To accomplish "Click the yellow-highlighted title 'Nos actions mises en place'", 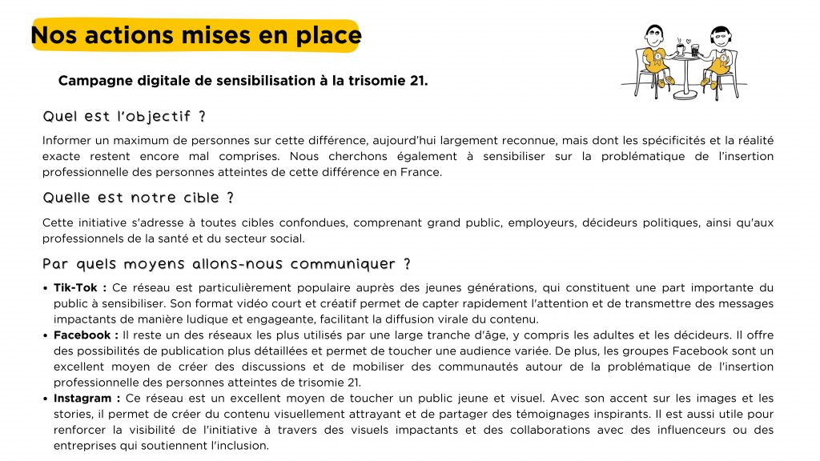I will (196, 36).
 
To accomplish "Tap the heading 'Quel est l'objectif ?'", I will (124, 117).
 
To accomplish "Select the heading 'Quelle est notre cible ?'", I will (138, 198).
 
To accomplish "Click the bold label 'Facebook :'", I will (86, 335).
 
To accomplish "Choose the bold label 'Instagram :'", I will (87, 398).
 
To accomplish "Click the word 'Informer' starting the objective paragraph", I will (65, 140).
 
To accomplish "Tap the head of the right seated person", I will (720, 38).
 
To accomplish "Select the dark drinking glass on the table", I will (694, 50).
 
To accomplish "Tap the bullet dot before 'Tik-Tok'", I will (46, 287).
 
